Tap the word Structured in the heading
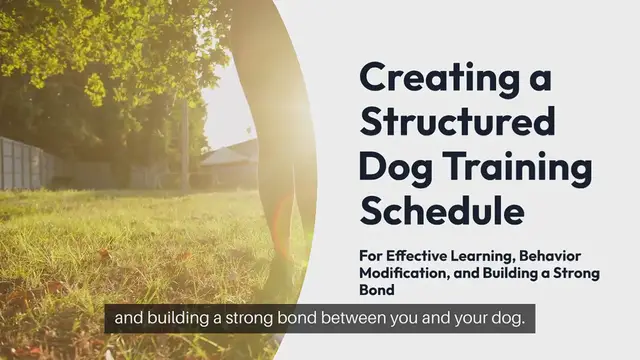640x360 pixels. click(x=456, y=121)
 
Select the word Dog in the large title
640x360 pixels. click(x=392, y=166)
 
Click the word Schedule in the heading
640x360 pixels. click(x=441, y=211)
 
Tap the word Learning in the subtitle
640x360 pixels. click(x=496, y=257)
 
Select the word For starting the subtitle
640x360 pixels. click(x=372, y=257)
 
